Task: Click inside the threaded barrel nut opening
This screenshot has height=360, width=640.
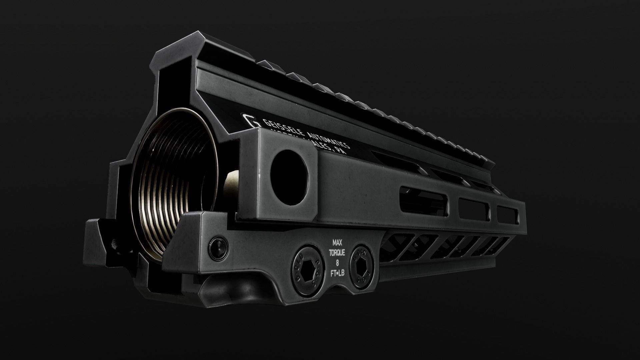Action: click(173, 187)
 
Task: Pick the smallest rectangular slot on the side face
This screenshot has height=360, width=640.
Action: click(507, 215)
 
